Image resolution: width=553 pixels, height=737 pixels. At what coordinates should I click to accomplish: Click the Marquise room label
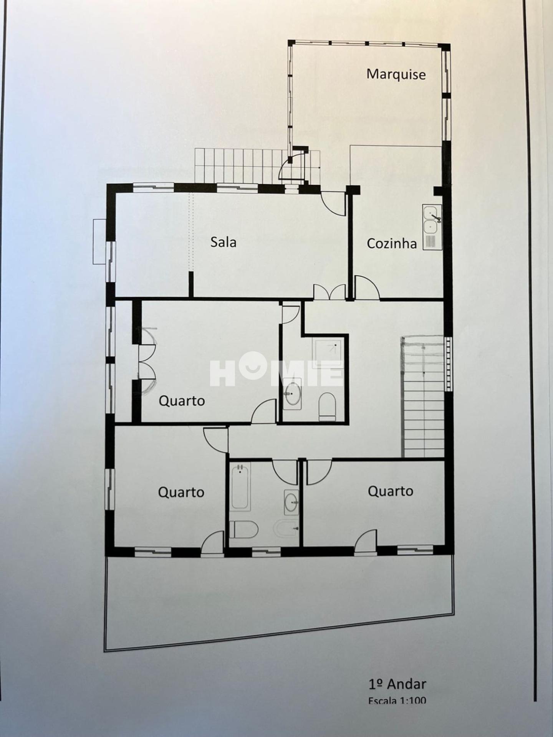click(396, 74)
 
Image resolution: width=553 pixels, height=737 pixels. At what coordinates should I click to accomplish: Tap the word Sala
click(223, 242)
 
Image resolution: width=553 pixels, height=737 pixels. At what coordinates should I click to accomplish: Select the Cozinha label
click(392, 243)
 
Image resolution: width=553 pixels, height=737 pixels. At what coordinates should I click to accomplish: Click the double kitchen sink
click(432, 227)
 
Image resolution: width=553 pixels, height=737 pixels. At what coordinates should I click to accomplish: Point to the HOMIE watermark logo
click(276, 368)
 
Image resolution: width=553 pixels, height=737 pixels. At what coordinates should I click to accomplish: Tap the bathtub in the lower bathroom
click(241, 486)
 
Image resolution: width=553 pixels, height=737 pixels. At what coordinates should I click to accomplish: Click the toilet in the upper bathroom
click(328, 405)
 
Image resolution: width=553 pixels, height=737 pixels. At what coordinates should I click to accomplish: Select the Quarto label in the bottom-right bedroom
click(390, 491)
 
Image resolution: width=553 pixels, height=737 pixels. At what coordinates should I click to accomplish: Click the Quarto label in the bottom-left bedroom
click(181, 492)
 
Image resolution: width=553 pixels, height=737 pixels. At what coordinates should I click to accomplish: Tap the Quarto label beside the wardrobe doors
click(182, 401)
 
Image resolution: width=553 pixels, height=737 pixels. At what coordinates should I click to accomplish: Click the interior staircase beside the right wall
click(423, 397)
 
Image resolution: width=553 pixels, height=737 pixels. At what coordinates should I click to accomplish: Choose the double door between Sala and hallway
click(329, 292)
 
